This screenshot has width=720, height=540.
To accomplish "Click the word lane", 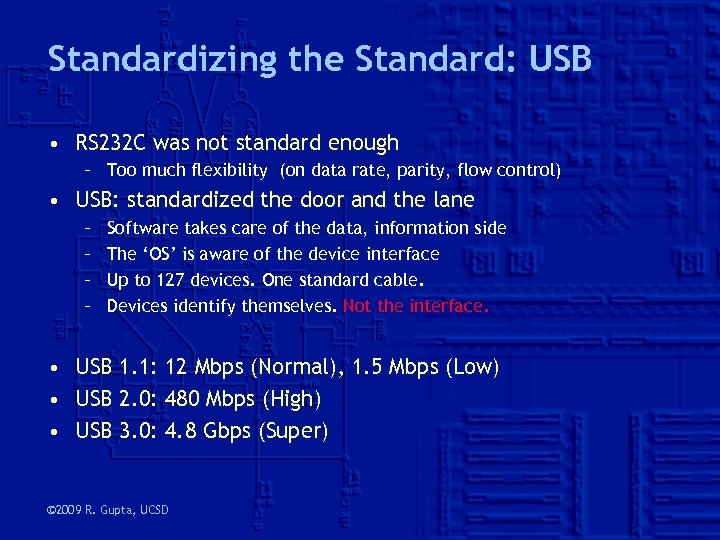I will point(451,200).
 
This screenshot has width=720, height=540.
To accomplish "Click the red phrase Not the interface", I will point(416,306).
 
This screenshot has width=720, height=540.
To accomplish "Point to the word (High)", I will point(291,400).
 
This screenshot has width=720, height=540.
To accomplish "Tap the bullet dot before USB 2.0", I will point(63,400).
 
